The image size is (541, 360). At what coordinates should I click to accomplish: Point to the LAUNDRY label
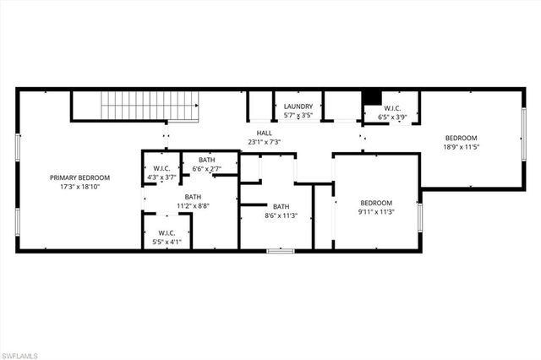coord(298,106)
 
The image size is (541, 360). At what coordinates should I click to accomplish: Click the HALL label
coord(265,133)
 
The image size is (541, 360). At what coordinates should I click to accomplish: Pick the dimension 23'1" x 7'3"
coord(265,142)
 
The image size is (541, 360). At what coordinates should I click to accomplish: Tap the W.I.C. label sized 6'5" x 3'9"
coord(393,108)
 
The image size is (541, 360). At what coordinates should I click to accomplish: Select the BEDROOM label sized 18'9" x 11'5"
coord(461,138)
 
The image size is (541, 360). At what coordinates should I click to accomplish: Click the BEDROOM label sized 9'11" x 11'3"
coord(376,203)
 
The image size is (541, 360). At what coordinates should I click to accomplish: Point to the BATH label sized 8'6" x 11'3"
coord(281,206)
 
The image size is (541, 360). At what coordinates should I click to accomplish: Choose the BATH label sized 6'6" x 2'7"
coord(207,160)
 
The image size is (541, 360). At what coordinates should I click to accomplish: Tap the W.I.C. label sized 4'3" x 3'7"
coord(160,167)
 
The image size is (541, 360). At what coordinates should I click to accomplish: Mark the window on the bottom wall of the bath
coord(281,250)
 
